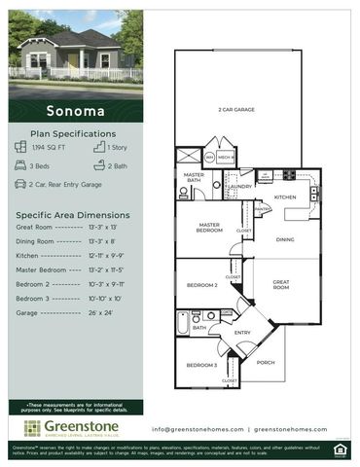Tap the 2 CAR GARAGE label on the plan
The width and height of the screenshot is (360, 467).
(x=236, y=110)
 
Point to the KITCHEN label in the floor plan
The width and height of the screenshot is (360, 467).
(x=284, y=197)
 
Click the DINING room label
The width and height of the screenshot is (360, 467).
(x=285, y=238)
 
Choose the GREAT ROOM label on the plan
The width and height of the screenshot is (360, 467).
(x=281, y=284)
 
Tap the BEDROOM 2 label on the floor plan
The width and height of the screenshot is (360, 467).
(x=202, y=286)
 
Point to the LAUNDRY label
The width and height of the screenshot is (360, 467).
(x=240, y=186)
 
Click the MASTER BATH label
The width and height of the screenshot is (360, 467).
(x=194, y=177)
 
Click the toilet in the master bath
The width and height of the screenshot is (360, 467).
(x=183, y=193)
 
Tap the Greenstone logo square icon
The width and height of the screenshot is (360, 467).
(x=32, y=428)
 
